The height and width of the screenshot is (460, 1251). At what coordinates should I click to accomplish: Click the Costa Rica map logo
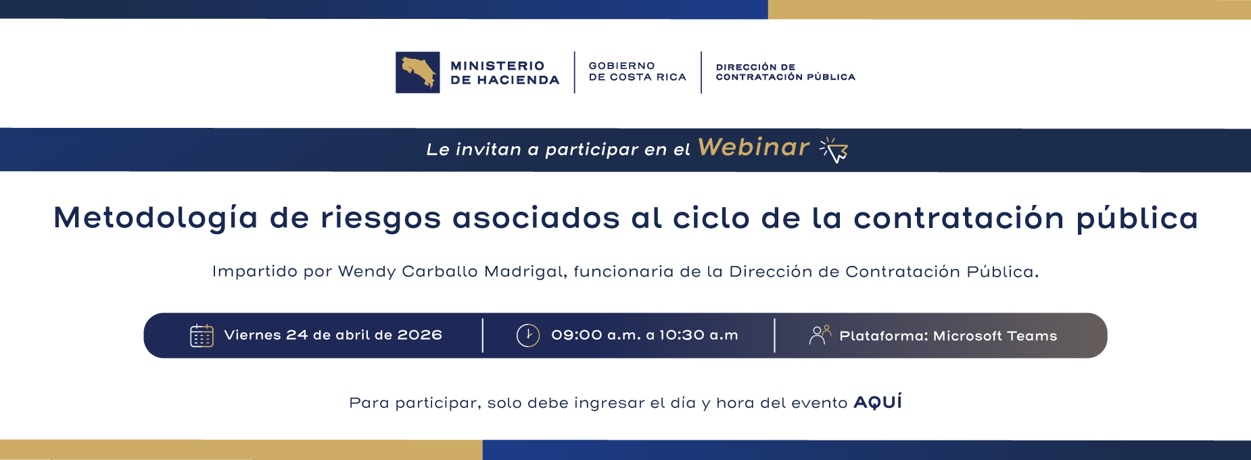tap(418, 72)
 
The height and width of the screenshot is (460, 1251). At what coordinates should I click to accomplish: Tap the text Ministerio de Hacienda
tap(504, 72)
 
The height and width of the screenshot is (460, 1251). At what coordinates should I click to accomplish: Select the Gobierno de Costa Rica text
tap(637, 72)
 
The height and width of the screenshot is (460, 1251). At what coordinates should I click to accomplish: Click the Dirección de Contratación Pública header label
tap(785, 72)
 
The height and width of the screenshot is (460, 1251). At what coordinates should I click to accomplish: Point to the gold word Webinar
tap(753, 147)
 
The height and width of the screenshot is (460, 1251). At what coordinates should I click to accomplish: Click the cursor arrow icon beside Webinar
tap(834, 150)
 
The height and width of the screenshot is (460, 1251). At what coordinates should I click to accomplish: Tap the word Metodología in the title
tap(156, 218)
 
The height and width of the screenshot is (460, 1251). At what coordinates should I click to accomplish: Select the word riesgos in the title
tap(380, 218)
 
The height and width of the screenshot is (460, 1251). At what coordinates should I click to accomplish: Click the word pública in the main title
tap(1137, 218)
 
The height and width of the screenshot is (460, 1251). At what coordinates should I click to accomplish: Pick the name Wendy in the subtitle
tap(367, 272)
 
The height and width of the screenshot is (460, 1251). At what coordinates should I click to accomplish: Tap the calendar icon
tap(202, 336)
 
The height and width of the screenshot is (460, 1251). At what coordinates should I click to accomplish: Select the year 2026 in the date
tap(419, 336)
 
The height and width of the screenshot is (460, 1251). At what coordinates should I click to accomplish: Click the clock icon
tap(528, 336)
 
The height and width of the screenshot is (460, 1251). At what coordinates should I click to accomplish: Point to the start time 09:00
tap(576, 336)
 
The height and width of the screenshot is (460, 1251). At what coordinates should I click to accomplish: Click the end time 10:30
tap(682, 336)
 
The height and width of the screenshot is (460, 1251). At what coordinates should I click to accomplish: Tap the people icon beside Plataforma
tap(820, 335)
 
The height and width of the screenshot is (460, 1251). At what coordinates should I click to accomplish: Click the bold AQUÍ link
tap(878, 402)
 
